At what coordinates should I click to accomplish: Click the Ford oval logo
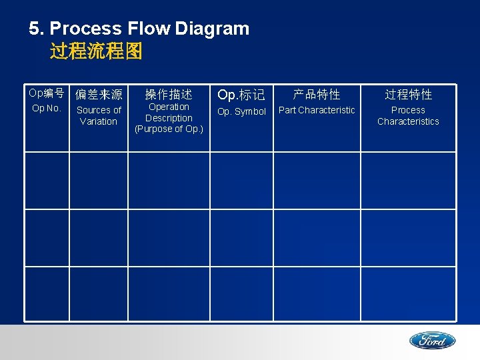[432, 341]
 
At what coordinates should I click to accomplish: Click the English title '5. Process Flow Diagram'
[139, 29]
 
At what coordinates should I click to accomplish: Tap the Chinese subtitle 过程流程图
[96, 51]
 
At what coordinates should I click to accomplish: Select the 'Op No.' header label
[46, 108]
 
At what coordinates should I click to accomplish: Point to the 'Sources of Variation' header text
[99, 115]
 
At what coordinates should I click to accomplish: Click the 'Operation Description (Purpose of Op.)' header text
[169, 118]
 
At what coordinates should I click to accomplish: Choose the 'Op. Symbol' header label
[241, 111]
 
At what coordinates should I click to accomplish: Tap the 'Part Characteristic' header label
[317, 110]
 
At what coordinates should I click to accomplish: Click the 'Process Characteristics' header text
[408, 115]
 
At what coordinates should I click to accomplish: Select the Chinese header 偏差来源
[99, 95]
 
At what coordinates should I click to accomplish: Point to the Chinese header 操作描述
[169, 95]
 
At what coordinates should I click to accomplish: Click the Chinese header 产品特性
[317, 95]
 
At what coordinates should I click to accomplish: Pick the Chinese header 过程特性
[408, 95]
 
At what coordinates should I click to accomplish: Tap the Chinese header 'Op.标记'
[241, 95]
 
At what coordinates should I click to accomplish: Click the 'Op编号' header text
[46, 93]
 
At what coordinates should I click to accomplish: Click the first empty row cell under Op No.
[47, 181]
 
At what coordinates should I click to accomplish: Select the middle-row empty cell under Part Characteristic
[317, 238]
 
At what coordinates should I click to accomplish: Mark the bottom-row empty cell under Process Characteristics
[408, 294]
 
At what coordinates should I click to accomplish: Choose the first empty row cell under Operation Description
[169, 181]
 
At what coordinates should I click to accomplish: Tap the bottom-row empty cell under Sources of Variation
[99, 294]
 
